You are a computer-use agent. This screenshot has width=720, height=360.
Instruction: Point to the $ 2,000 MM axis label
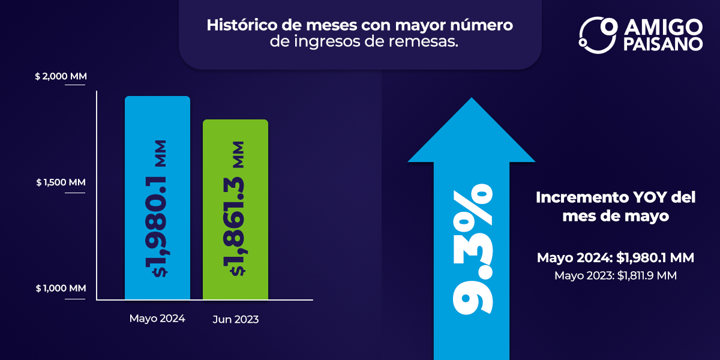point(61,77)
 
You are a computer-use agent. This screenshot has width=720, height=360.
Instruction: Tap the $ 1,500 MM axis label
point(61,182)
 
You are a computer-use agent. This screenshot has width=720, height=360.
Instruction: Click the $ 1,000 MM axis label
point(61,289)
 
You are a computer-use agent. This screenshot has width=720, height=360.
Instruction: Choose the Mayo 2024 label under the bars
point(157,319)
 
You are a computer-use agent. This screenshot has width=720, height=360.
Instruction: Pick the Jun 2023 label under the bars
point(235,320)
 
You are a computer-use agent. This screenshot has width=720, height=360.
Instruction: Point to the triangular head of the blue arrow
point(472,135)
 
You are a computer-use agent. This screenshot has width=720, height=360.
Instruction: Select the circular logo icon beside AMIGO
point(598,34)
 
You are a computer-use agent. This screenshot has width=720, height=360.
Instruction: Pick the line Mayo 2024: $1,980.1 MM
point(615,258)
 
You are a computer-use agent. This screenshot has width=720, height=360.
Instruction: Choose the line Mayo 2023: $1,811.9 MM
point(615,276)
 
